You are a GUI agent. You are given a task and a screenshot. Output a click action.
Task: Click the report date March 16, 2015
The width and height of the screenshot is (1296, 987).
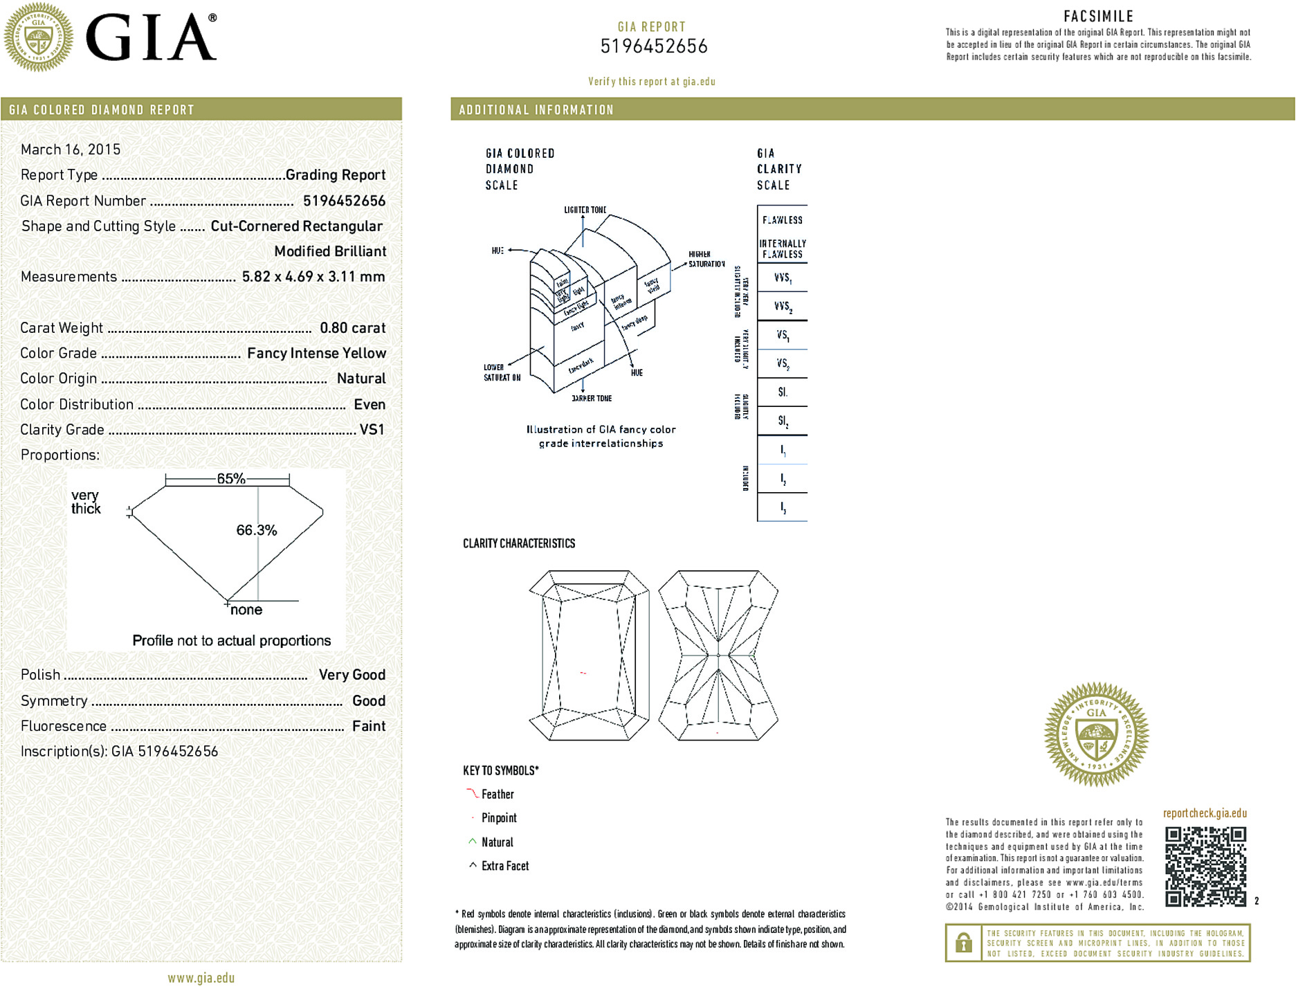(x=71, y=150)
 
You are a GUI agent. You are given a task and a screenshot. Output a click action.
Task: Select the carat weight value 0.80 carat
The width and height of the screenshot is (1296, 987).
(x=352, y=328)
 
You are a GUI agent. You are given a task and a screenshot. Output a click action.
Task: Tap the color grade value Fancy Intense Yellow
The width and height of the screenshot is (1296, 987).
(x=316, y=354)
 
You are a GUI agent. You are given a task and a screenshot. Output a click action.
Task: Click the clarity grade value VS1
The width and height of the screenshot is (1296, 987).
(x=372, y=430)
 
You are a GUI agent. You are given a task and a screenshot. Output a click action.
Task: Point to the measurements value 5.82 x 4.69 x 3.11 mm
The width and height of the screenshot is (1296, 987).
(x=313, y=277)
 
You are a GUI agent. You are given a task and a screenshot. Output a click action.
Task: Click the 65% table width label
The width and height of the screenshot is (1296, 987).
(x=231, y=479)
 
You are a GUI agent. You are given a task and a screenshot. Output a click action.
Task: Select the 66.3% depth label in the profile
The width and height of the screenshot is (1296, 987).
(x=256, y=531)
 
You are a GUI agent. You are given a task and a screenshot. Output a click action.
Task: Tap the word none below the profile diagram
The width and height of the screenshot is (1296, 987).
(x=246, y=610)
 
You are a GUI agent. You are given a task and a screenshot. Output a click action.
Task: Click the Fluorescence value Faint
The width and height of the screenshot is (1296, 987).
(x=369, y=727)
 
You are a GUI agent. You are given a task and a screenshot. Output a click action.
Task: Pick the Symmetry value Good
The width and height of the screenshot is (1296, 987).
(x=369, y=701)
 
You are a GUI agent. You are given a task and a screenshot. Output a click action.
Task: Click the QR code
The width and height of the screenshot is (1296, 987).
(x=1205, y=867)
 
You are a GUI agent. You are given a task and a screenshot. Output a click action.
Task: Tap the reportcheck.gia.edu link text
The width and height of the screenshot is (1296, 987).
(x=1205, y=813)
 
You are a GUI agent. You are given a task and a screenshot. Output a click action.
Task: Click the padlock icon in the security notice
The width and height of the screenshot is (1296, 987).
(x=963, y=943)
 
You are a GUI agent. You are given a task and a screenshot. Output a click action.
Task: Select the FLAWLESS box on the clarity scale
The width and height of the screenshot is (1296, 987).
(x=783, y=220)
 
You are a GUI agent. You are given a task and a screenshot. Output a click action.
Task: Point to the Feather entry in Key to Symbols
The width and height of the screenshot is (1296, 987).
(x=498, y=795)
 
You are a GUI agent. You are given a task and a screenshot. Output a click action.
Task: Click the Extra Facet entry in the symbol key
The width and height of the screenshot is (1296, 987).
(x=504, y=866)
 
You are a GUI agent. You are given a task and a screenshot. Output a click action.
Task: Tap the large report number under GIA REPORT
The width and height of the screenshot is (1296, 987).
(x=654, y=46)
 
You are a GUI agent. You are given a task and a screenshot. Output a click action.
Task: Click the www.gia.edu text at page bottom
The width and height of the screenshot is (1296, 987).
(x=201, y=978)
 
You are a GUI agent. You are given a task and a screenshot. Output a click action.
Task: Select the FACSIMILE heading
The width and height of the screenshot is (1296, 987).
(x=1098, y=16)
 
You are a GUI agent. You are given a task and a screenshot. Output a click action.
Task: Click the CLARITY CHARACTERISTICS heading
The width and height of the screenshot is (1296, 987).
(x=519, y=544)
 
